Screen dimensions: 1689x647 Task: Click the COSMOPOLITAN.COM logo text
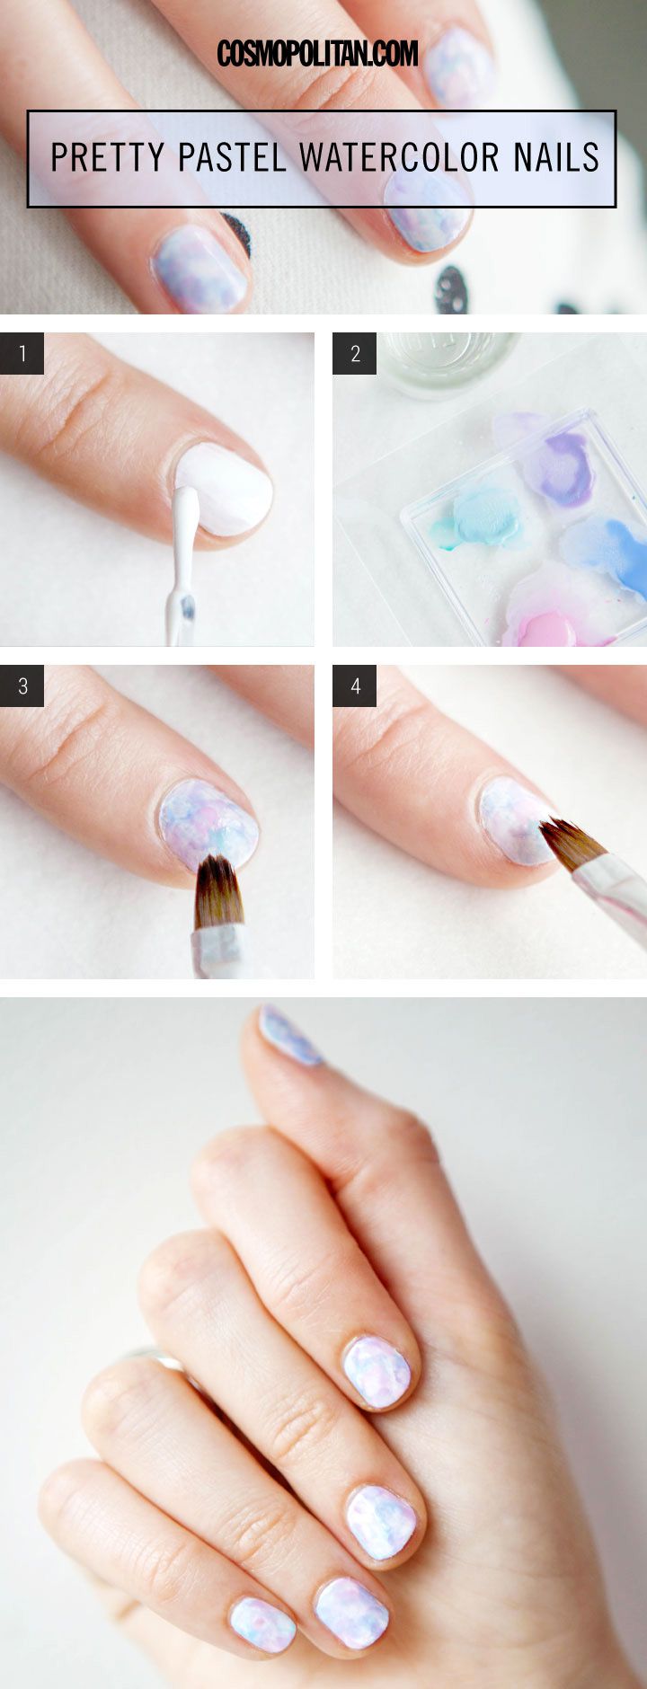click(317, 54)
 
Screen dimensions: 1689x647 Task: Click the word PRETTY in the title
click(108, 158)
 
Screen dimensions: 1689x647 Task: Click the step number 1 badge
click(22, 354)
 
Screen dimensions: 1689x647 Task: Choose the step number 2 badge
click(355, 354)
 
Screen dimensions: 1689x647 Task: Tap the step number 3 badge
click(22, 686)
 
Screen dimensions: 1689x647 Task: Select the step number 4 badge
click(355, 686)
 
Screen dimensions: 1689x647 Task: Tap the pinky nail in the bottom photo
click(262, 1623)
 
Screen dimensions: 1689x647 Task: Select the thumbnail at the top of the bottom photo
click(289, 1035)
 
